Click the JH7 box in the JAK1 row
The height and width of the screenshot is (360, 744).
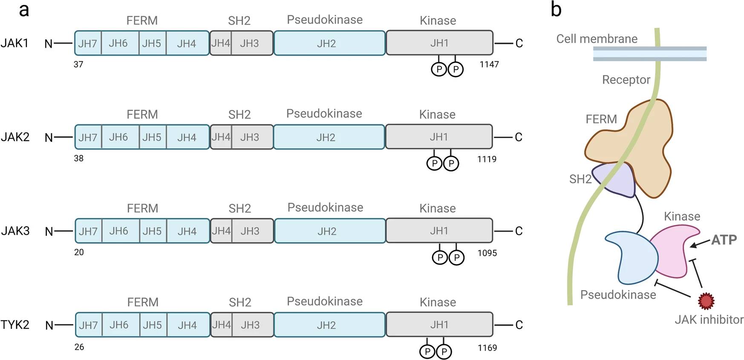[x=88, y=43]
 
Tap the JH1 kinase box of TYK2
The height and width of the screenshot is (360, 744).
[x=439, y=325]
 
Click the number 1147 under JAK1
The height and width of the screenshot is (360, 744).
[x=489, y=64]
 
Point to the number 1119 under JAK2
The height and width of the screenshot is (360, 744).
[x=487, y=159]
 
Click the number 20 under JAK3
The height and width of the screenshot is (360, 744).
[x=79, y=252]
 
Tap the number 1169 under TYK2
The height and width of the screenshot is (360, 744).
[x=487, y=348]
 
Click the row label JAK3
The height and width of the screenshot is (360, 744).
[x=15, y=231]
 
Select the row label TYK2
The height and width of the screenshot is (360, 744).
[x=15, y=325]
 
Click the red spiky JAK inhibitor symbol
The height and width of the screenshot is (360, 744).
[x=706, y=301]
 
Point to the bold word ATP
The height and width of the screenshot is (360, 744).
[x=724, y=240]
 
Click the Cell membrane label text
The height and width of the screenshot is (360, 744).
[x=597, y=39]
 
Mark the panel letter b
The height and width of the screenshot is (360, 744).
[x=556, y=9]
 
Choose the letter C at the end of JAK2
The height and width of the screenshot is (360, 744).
[x=519, y=137]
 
